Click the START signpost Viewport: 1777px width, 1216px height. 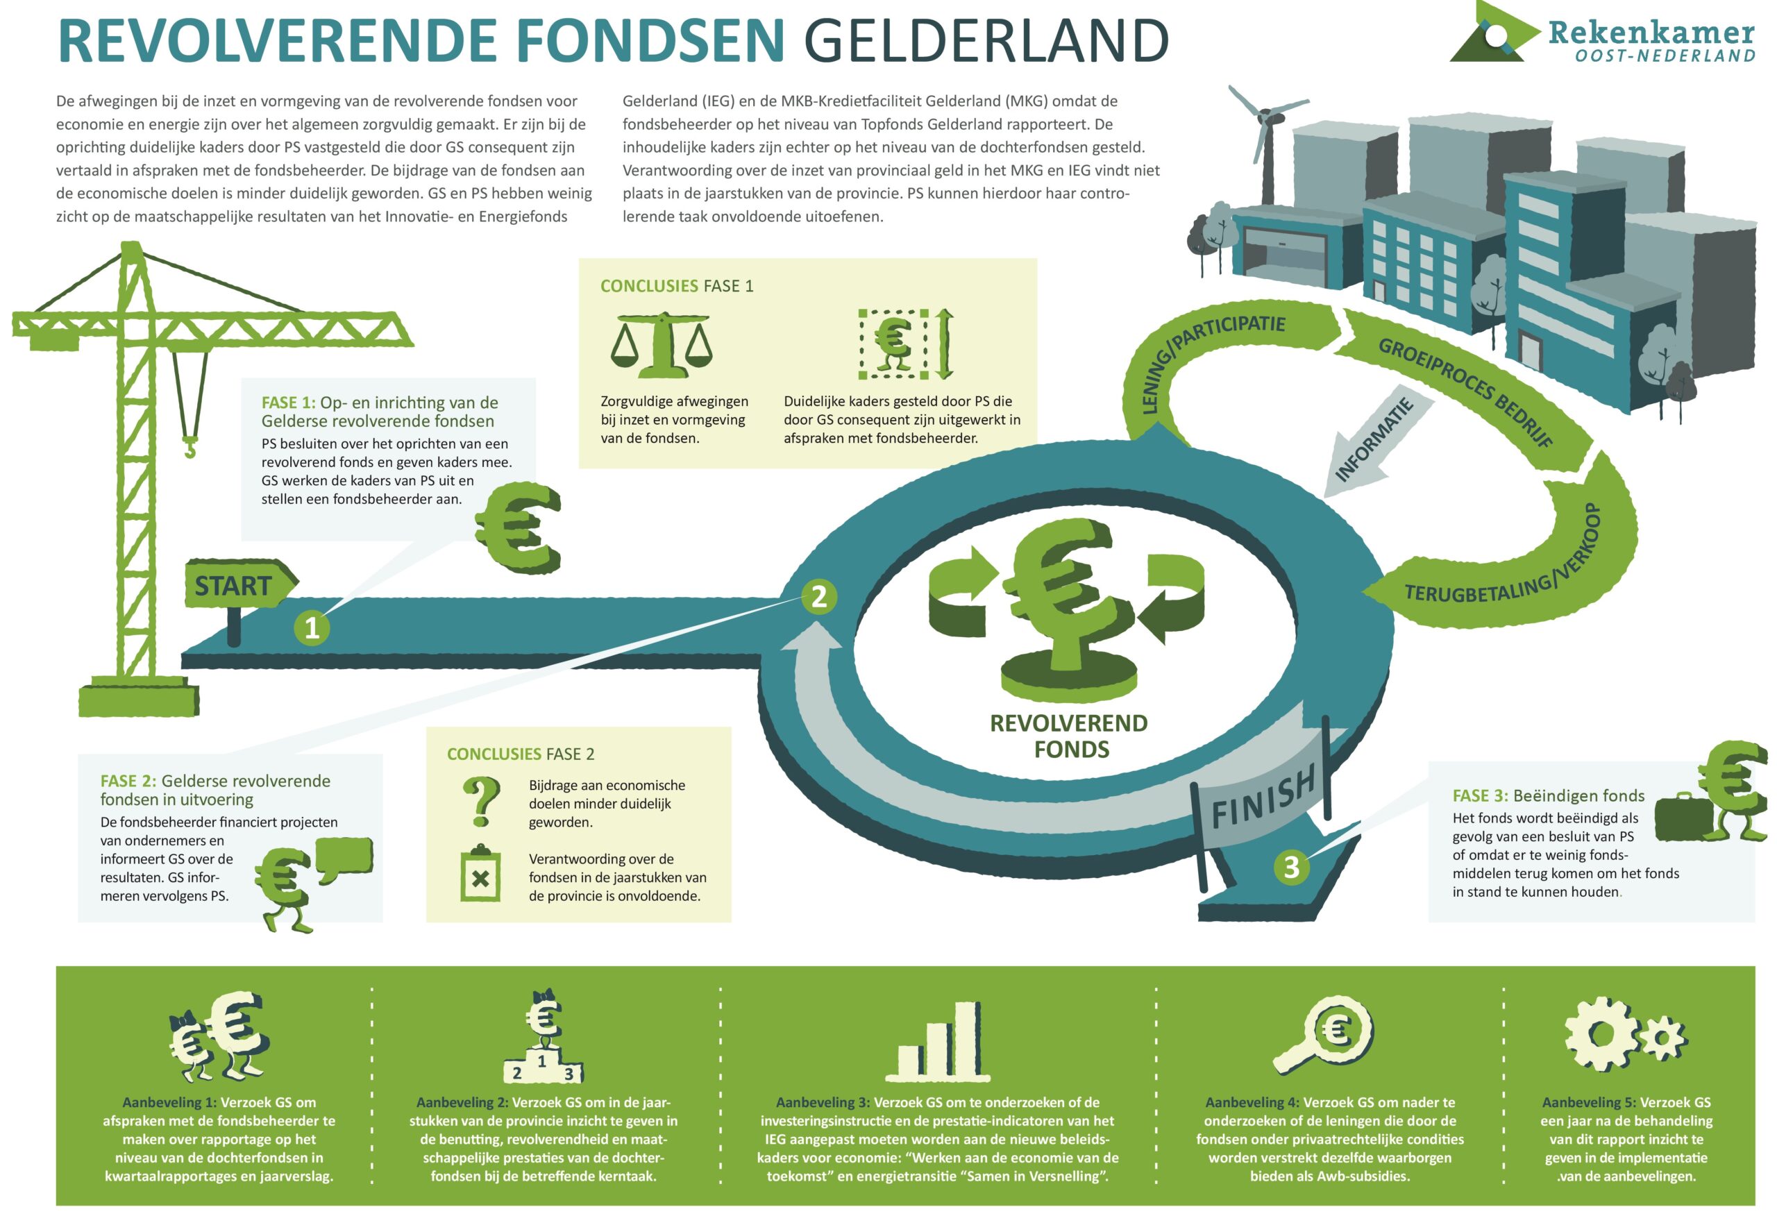pyautogui.click(x=235, y=586)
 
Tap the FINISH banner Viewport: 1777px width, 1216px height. pyautogui.click(x=1263, y=799)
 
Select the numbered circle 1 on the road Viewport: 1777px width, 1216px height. pyautogui.click(x=312, y=628)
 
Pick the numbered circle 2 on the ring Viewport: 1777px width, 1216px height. pyautogui.click(x=818, y=596)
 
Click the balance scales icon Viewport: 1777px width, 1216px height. pyautogui.click(x=662, y=345)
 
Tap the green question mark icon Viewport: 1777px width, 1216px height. pyautogui.click(x=481, y=801)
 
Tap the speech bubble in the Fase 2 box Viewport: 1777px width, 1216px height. pyautogui.click(x=344, y=858)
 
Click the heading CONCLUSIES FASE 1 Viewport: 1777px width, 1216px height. pyautogui.click(x=676, y=286)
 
